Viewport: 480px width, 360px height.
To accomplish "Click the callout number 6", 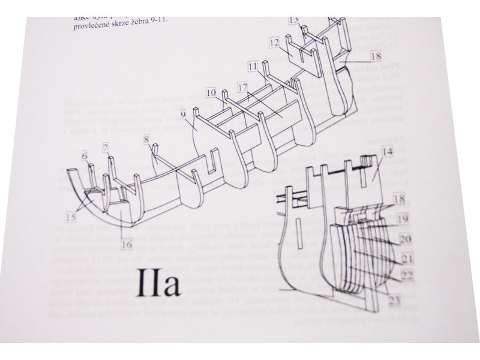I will (x=85, y=156).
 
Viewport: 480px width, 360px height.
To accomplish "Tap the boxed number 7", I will (x=106, y=147).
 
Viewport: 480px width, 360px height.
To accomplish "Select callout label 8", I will (x=146, y=140).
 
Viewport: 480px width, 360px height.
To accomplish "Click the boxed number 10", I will (x=211, y=94).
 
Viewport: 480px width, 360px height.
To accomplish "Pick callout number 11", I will (x=252, y=65).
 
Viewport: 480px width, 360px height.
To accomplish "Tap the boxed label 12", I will (x=274, y=43).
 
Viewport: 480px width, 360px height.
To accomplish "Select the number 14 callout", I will (x=387, y=152).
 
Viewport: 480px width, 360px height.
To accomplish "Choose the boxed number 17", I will (x=242, y=88).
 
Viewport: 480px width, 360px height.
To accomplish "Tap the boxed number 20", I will (x=406, y=239).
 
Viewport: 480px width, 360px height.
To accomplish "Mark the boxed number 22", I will (x=407, y=275).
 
